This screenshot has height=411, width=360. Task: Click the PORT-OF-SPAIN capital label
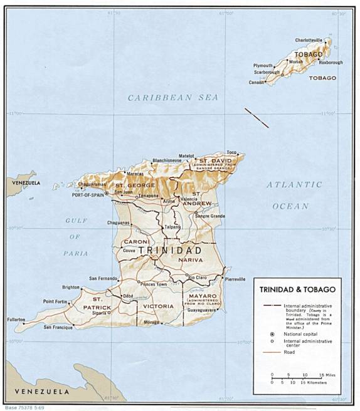87,194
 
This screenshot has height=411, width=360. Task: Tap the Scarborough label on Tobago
267,72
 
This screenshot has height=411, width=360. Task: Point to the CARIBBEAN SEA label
173,98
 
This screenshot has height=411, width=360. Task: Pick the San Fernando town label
103,278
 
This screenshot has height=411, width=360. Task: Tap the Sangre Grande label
209,216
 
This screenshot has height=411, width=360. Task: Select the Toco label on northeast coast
231,153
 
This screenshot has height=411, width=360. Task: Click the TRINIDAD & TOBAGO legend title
295,289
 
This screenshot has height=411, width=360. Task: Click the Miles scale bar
297,377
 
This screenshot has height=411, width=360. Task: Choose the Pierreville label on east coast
235,279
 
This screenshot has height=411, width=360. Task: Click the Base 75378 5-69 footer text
23,407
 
